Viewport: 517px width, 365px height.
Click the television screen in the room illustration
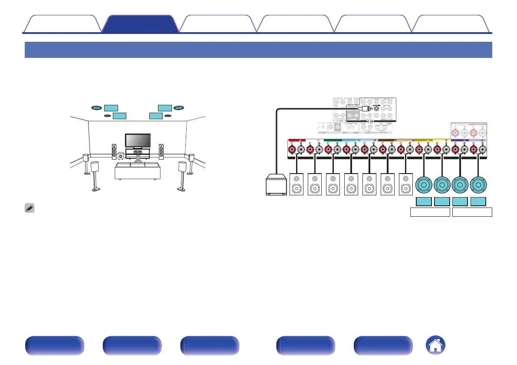(x=138, y=141)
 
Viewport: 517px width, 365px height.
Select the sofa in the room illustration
(x=137, y=171)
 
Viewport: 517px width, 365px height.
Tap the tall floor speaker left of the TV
(x=114, y=151)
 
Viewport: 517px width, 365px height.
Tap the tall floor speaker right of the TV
(x=161, y=151)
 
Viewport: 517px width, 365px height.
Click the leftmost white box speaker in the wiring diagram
(x=297, y=184)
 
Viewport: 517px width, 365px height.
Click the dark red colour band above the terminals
(x=297, y=140)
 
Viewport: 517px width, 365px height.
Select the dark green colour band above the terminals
(x=333, y=140)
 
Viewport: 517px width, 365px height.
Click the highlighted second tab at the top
(x=140, y=24)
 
